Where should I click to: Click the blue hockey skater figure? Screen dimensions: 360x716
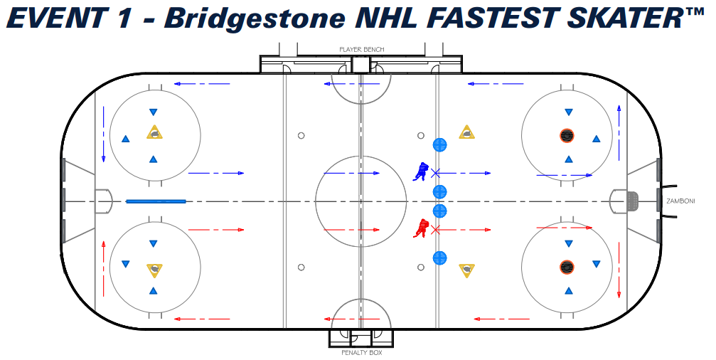click(x=422, y=171)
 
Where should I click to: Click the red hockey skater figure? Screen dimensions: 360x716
click(x=422, y=228)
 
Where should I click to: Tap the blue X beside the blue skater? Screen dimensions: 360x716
click(x=436, y=172)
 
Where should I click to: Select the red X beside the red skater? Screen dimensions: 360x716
click(x=436, y=229)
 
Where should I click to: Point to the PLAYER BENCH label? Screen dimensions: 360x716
click(x=361, y=50)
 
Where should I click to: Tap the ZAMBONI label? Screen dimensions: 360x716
click(x=680, y=201)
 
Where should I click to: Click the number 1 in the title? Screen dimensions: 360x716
click(x=123, y=18)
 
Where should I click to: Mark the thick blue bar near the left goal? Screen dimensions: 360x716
click(x=156, y=201)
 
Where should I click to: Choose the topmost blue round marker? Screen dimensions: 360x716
click(x=439, y=145)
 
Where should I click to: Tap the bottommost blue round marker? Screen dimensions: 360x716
click(x=439, y=258)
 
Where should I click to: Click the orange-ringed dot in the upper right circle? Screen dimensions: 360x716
click(x=567, y=134)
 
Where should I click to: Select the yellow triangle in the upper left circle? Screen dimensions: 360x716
click(x=154, y=132)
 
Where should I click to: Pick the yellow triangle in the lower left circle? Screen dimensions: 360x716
click(x=154, y=270)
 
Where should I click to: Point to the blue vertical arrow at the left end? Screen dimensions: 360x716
click(x=104, y=134)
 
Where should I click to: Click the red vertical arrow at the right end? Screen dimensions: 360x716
click(x=619, y=270)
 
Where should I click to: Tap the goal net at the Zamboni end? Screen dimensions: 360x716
click(x=631, y=201)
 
